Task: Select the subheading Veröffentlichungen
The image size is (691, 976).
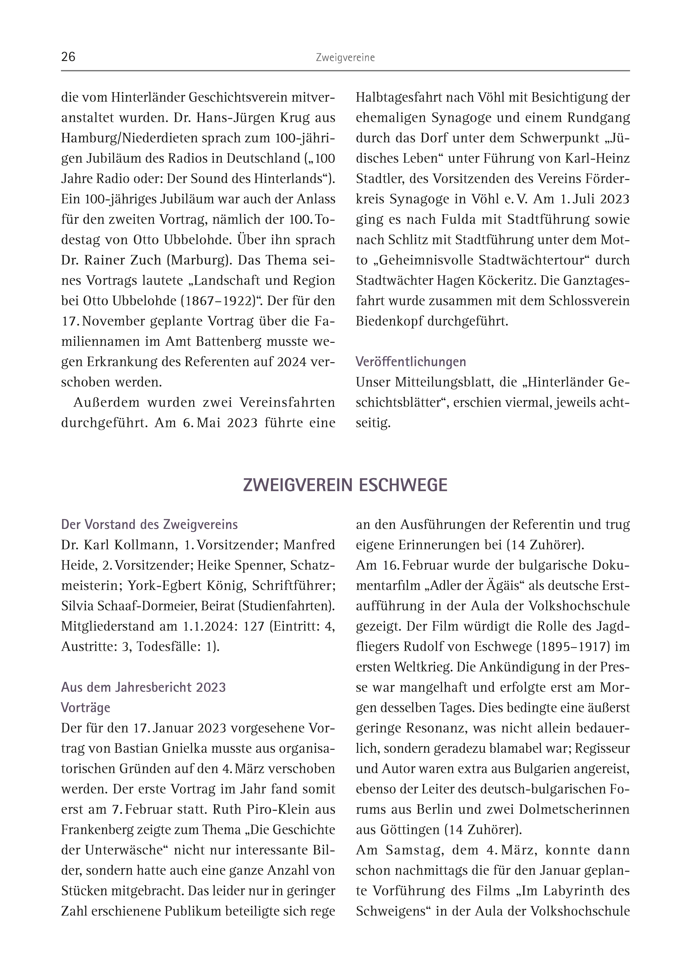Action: [411, 362]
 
